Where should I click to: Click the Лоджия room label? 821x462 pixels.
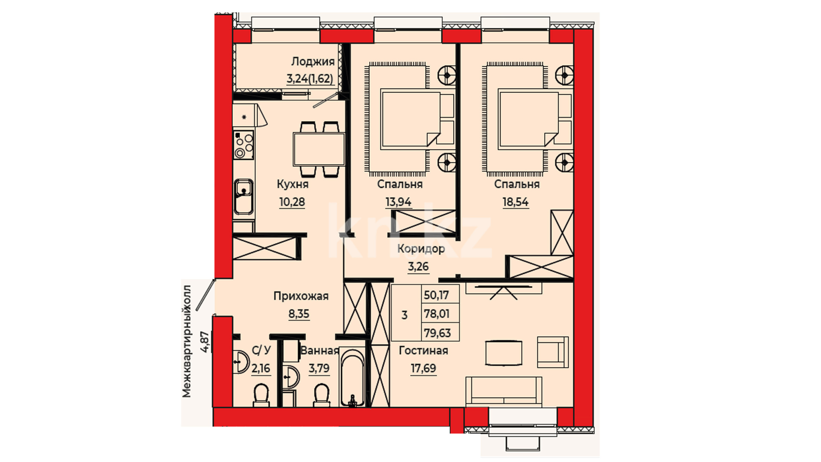tap(313, 62)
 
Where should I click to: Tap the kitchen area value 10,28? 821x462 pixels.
tap(292, 202)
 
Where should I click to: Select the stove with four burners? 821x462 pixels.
tap(244, 145)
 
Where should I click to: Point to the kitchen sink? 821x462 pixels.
tap(244, 197)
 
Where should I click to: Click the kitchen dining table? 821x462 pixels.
tap(319, 149)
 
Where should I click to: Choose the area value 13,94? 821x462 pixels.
tap(398, 202)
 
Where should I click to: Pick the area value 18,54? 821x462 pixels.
tap(515, 202)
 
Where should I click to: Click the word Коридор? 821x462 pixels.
tap(421, 249)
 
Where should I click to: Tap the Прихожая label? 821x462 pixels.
tap(301, 296)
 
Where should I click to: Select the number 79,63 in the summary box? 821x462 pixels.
tap(437, 333)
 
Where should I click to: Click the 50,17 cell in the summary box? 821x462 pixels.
tap(436, 295)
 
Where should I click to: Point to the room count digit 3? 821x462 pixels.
tap(405, 316)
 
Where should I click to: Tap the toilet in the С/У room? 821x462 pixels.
tap(261, 394)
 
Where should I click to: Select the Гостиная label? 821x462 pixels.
tap(423, 351)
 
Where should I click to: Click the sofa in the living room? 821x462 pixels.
tap(504, 390)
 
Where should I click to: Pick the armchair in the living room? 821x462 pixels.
tap(553, 352)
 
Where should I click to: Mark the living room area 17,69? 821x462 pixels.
tap(423, 368)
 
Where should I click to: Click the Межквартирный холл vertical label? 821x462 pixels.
tap(187, 341)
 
